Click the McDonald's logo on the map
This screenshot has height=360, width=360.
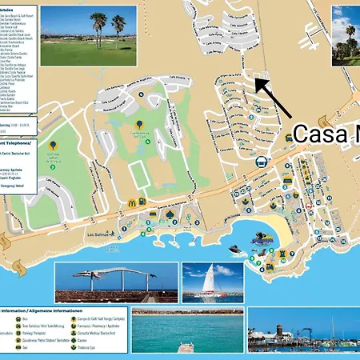pos(131,204)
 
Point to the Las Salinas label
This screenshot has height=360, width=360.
pos(98,235)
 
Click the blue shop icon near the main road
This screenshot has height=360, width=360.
pos(261,162)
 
